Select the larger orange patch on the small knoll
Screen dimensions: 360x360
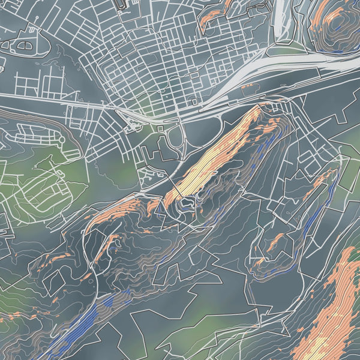click(x=276, y=243)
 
